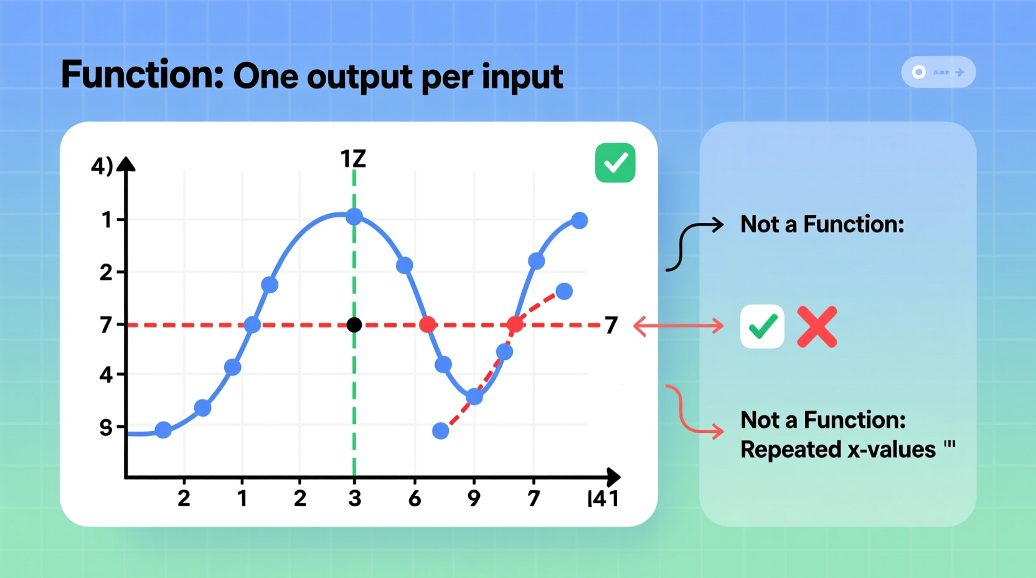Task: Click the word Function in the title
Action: click(x=142, y=75)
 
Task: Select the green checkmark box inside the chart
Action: click(x=615, y=163)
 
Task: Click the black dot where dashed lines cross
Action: click(x=354, y=325)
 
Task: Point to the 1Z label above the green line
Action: click(x=353, y=159)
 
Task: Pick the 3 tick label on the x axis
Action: click(x=355, y=498)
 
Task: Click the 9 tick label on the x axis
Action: click(x=474, y=498)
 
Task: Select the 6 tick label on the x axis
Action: click(x=415, y=498)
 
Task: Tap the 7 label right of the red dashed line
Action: click(x=611, y=325)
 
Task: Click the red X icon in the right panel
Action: click(x=817, y=326)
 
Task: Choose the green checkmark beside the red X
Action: click(x=762, y=326)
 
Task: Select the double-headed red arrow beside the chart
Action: click(x=679, y=325)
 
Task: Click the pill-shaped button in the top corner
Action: click(x=938, y=72)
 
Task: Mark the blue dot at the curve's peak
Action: click(x=354, y=217)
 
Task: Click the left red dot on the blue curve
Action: click(x=428, y=325)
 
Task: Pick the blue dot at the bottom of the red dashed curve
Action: click(x=441, y=430)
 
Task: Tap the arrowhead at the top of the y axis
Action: click(x=126, y=164)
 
